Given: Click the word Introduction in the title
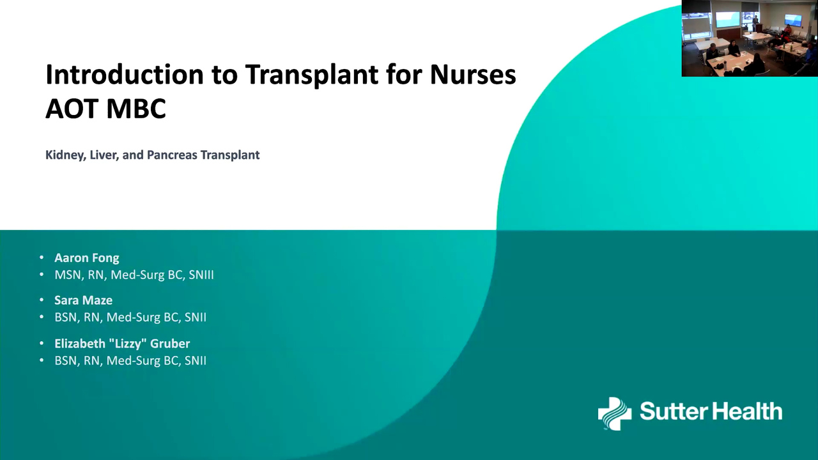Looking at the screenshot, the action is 124,75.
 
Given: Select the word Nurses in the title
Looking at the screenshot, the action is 473,75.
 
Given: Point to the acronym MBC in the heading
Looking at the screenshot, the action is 136,108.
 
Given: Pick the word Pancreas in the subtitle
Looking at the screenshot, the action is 172,155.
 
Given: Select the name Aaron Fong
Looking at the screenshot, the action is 86,258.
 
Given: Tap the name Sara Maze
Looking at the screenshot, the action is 83,300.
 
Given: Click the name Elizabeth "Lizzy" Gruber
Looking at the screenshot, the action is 122,344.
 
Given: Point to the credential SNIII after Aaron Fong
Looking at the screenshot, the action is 201,275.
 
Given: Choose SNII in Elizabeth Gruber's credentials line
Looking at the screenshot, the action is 196,361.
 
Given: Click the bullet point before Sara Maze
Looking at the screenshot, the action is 42,300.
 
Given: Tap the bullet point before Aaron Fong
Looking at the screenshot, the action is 42,257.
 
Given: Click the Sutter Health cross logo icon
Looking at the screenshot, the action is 615,413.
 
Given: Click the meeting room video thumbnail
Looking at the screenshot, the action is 750,38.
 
